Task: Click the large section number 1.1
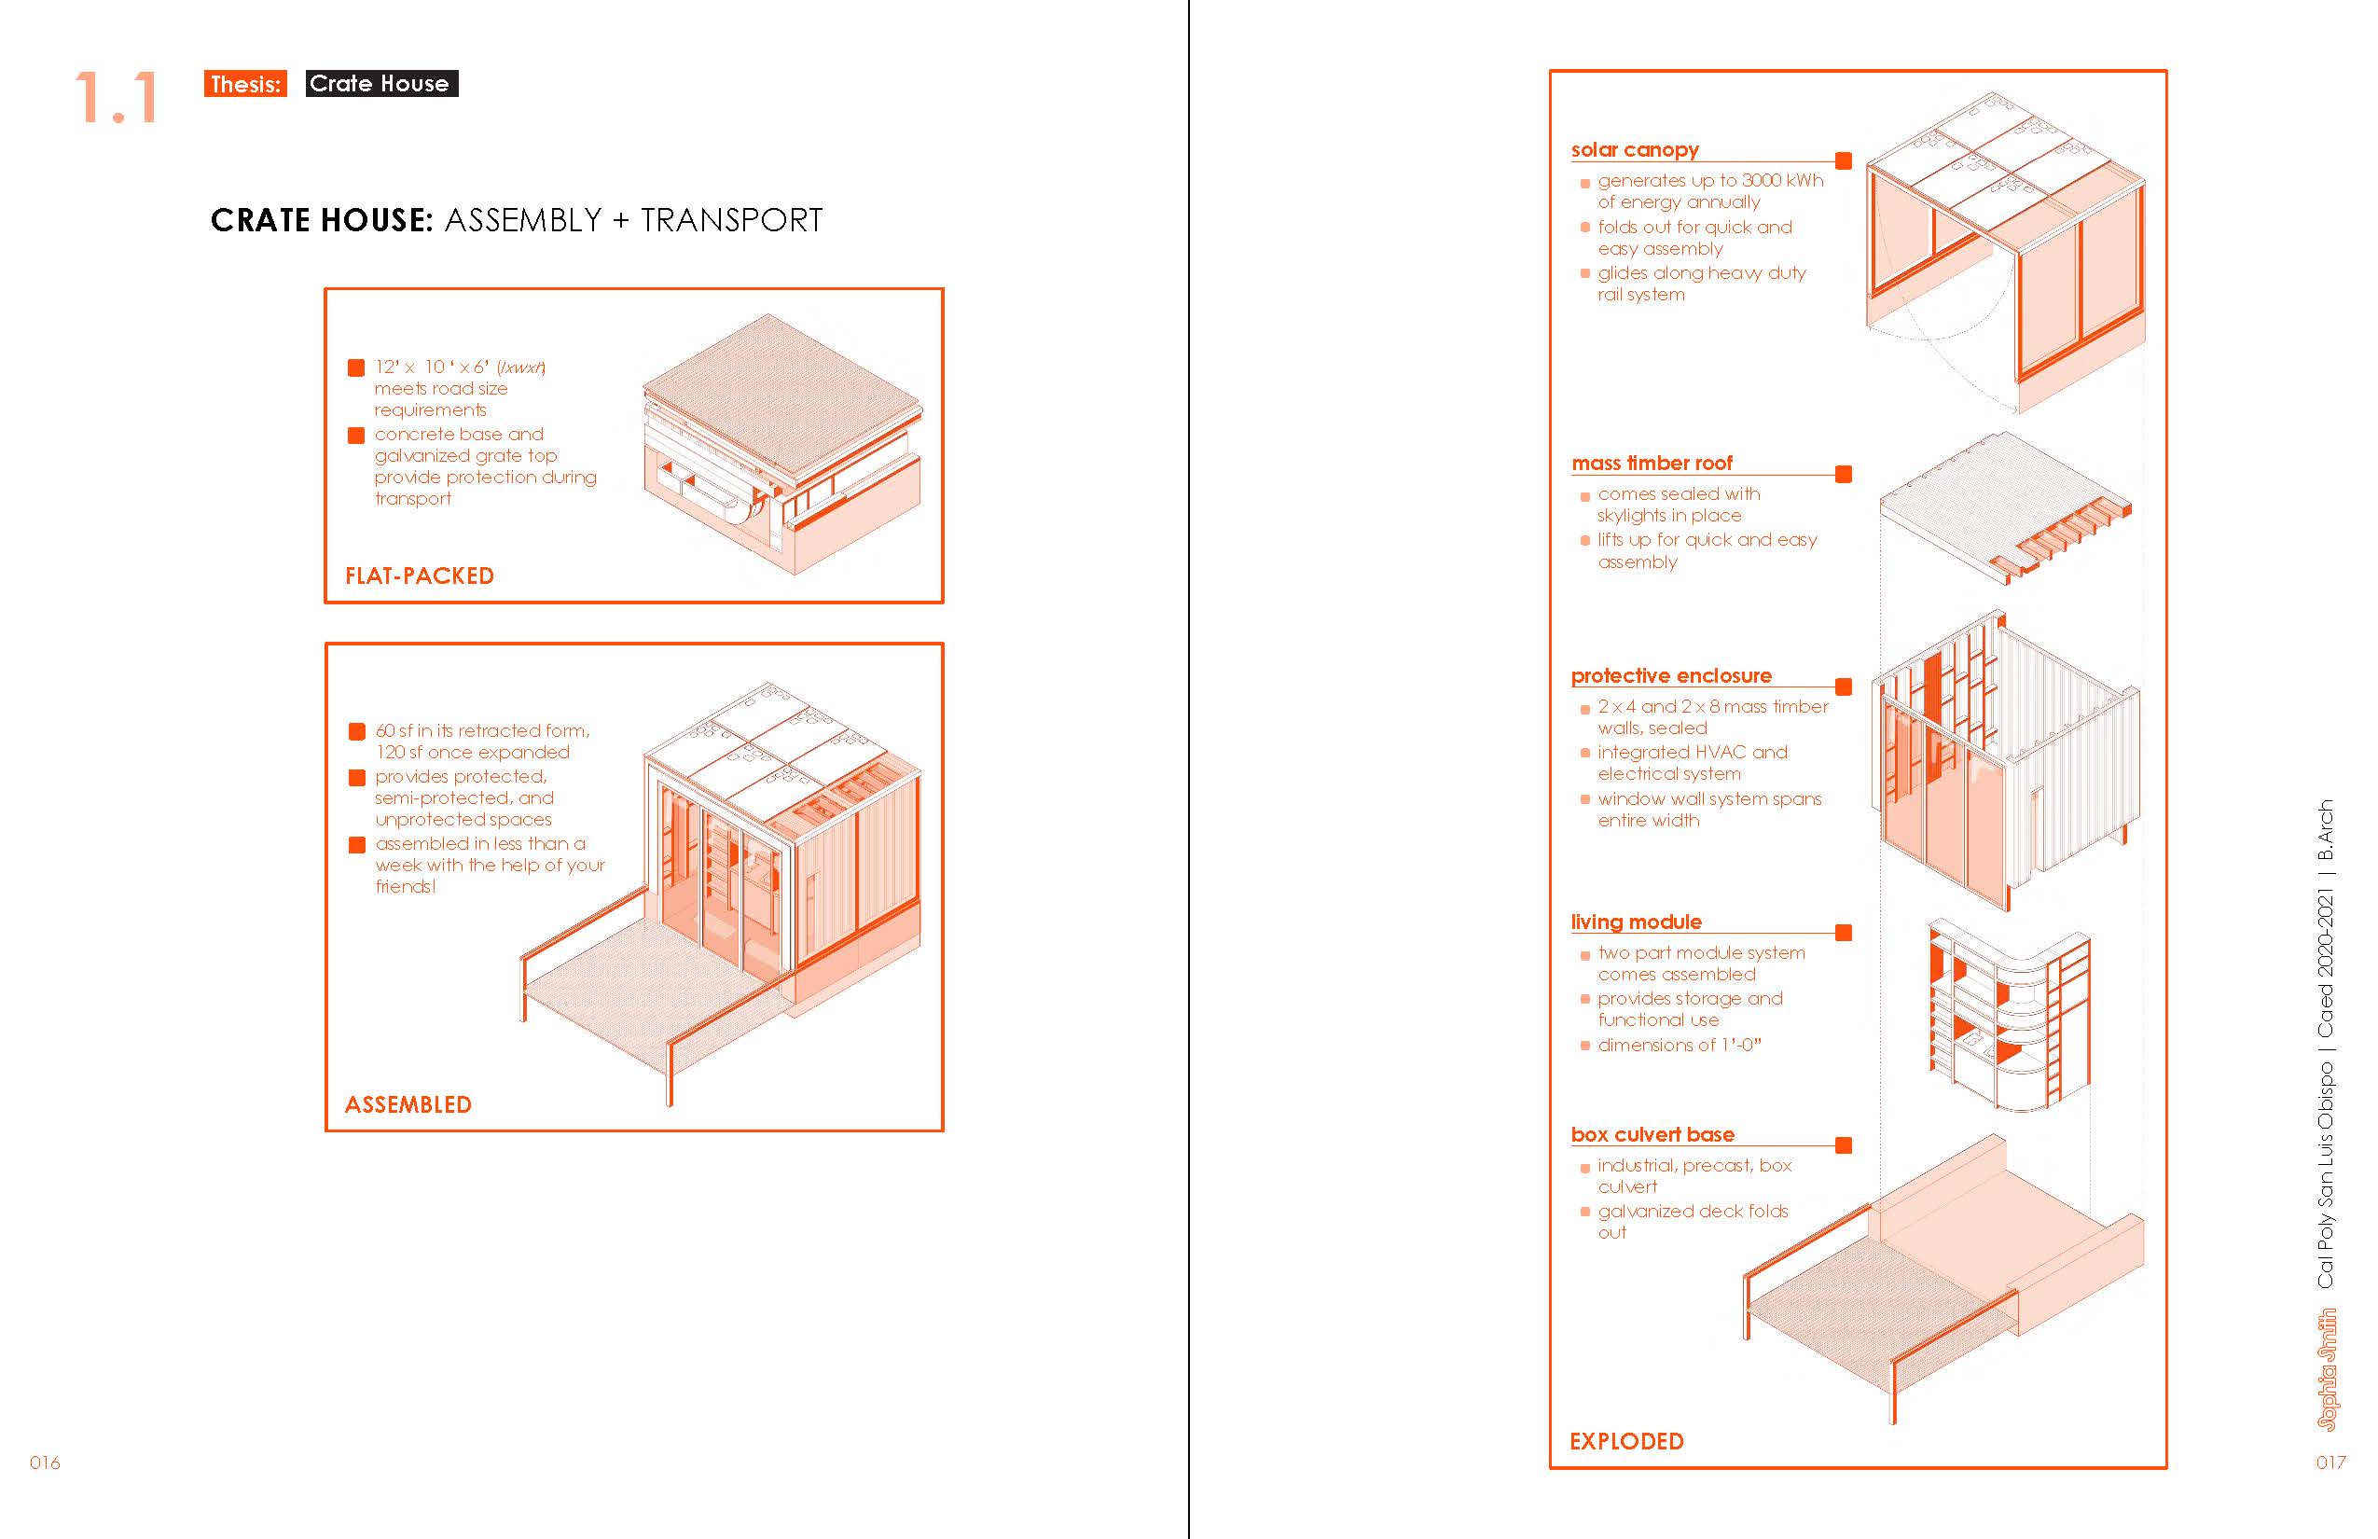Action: [x=117, y=98]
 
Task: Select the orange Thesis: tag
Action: [x=244, y=84]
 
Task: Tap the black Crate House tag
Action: [x=380, y=84]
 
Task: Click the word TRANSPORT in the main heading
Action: [x=731, y=220]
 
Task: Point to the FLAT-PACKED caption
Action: [x=420, y=575]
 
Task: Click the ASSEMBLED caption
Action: [x=408, y=1104]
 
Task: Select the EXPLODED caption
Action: [x=1625, y=1441]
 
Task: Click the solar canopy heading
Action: [x=1635, y=150]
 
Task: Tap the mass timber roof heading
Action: [x=1652, y=463]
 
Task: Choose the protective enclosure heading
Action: [x=1670, y=675]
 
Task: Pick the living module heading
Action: [x=1636, y=922]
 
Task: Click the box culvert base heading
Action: [x=1652, y=1134]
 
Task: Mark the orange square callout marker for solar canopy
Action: [x=1844, y=160]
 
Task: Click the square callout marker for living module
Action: [x=1844, y=933]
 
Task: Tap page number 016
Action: [x=45, y=1463]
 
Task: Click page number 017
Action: [x=2330, y=1463]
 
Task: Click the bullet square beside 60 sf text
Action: [x=356, y=731]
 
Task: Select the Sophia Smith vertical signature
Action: [x=2327, y=1369]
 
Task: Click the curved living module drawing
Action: [x=2009, y=1015]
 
